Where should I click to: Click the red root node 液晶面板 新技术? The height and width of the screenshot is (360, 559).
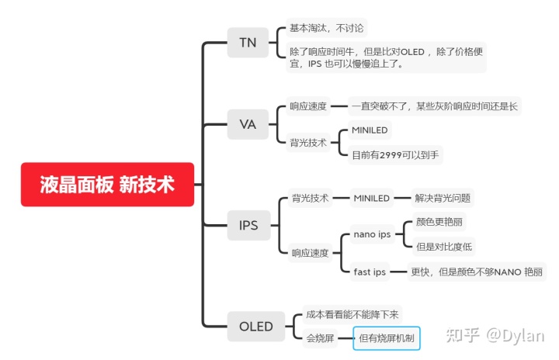click(107, 185)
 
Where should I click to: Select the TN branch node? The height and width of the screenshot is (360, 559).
click(247, 42)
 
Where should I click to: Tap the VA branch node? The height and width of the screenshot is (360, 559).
click(247, 124)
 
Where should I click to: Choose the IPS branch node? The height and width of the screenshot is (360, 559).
click(248, 227)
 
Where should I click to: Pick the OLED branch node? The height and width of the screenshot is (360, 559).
click(255, 326)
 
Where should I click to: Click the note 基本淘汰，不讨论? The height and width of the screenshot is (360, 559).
click(327, 28)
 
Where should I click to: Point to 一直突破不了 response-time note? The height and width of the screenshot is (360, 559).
click(434, 106)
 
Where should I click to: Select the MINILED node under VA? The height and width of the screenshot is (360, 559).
click(370, 130)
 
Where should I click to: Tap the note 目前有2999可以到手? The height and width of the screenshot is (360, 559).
click(395, 155)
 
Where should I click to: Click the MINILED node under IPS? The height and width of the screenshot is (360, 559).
click(371, 198)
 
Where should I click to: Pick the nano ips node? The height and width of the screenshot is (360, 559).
click(372, 234)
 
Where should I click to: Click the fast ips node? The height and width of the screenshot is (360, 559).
click(370, 272)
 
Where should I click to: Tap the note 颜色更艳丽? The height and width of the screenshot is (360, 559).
click(439, 222)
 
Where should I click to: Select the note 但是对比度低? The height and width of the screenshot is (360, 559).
click(444, 247)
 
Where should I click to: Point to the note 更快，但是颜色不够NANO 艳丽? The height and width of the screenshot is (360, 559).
click(477, 272)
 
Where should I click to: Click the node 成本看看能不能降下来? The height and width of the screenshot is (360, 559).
click(352, 314)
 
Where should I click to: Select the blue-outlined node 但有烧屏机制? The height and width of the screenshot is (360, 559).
click(387, 338)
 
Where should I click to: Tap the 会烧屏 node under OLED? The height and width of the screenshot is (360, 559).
click(320, 338)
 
